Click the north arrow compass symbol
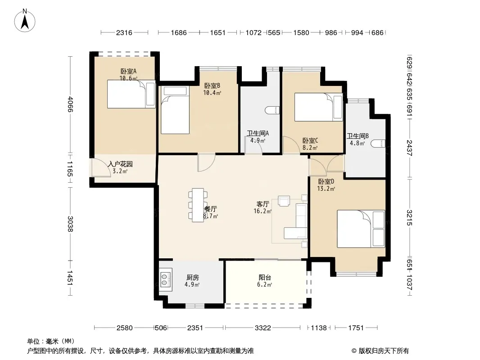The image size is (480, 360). click(x=25, y=21)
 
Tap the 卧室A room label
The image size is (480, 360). click(x=129, y=71)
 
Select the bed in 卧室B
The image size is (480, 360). click(x=175, y=110)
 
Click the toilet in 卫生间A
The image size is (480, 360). click(x=272, y=110)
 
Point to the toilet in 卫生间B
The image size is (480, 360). click(x=378, y=144)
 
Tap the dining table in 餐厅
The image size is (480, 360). click(x=198, y=205)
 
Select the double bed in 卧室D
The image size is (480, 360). click(x=361, y=229)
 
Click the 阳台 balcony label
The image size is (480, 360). click(x=265, y=277)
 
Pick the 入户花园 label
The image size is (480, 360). click(x=120, y=164)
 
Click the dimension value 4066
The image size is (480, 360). click(x=70, y=104)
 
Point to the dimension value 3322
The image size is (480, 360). click(x=263, y=328)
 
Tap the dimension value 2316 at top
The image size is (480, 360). click(x=124, y=32)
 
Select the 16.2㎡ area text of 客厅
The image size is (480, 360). click(x=263, y=211)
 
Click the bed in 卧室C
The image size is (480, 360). click(x=318, y=107)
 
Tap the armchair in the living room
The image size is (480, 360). click(x=284, y=201)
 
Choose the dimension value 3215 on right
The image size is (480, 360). click(x=410, y=217)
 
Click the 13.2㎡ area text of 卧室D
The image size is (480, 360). click(x=326, y=189)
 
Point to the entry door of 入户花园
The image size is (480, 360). click(x=101, y=168)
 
